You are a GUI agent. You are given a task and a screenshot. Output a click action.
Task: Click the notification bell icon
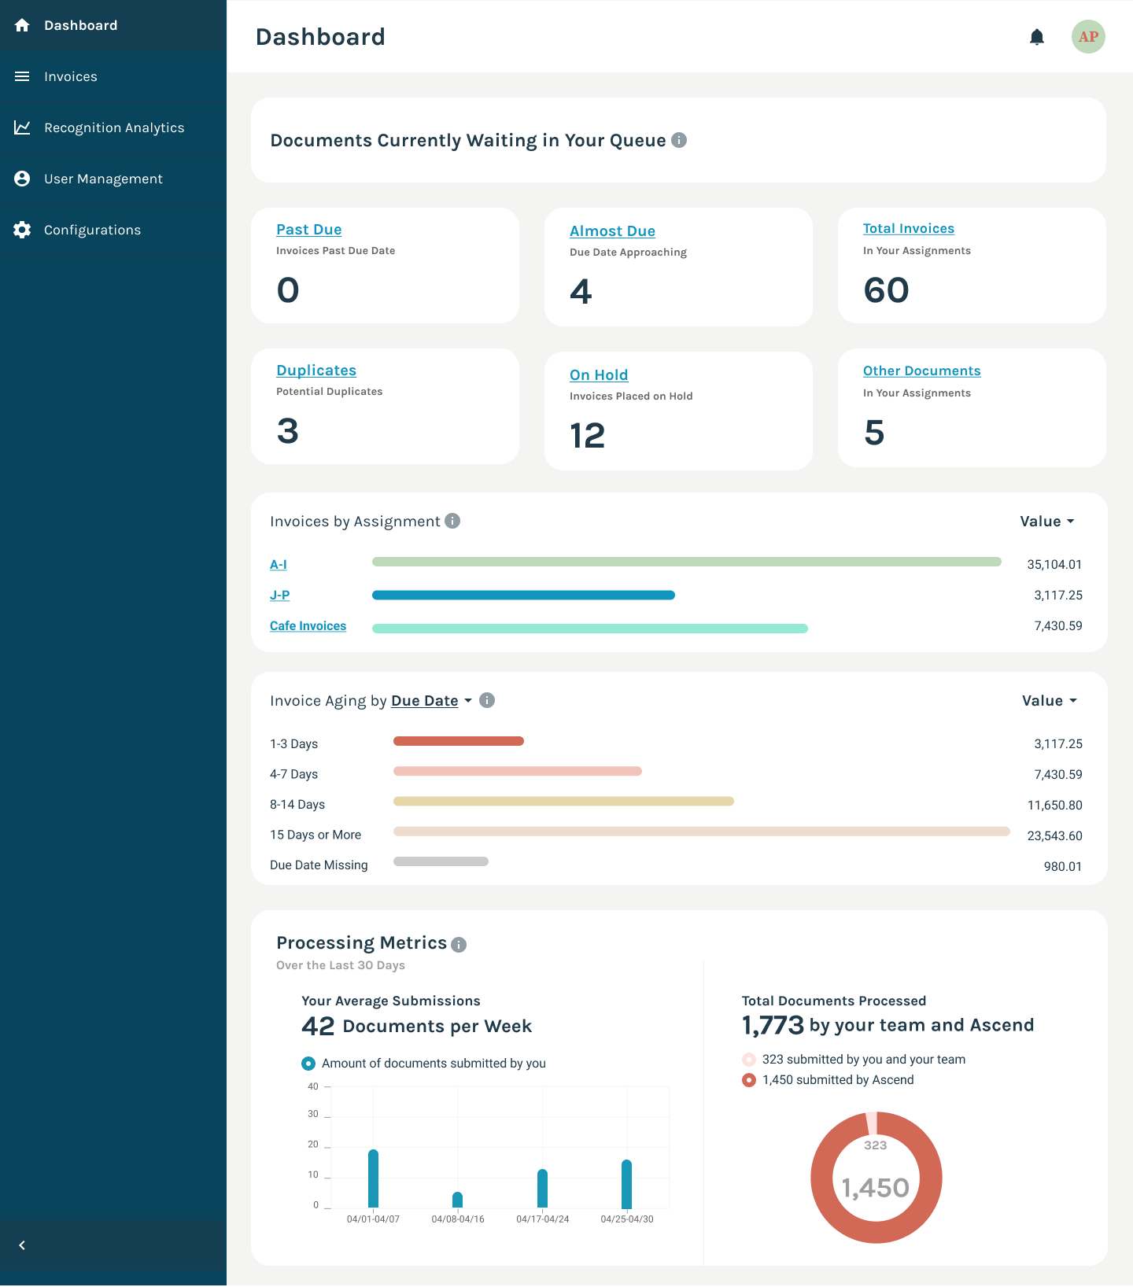pyautogui.click(x=1037, y=37)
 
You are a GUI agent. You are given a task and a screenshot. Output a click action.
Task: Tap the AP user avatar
pyautogui.click(x=1088, y=37)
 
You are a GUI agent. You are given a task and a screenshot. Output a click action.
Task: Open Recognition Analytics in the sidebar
pyautogui.click(x=114, y=127)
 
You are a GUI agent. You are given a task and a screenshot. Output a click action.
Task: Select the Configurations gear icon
pyautogui.click(x=22, y=230)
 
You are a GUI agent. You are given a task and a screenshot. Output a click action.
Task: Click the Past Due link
pyautogui.click(x=308, y=230)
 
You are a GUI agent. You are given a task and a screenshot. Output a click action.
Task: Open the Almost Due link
pyautogui.click(x=612, y=231)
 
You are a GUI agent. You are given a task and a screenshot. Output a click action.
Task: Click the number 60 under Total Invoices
pyautogui.click(x=886, y=290)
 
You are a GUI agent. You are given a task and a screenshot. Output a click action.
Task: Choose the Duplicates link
pyautogui.click(x=316, y=371)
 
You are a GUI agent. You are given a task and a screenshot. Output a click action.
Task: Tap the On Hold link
pyautogui.click(x=599, y=375)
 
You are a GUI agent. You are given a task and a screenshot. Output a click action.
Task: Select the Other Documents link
pyautogui.click(x=921, y=371)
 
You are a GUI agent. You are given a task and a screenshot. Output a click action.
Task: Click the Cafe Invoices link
pyautogui.click(x=308, y=626)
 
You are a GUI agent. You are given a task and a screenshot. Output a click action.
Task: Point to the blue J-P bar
pyautogui.click(x=523, y=596)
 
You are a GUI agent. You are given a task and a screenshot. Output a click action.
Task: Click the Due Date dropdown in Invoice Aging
pyautogui.click(x=431, y=701)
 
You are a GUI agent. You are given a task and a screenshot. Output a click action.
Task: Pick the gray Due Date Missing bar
pyautogui.click(x=441, y=861)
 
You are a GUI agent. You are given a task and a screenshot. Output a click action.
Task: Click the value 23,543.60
pyautogui.click(x=1054, y=836)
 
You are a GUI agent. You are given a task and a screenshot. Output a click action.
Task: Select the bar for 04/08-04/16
pyautogui.click(x=458, y=1200)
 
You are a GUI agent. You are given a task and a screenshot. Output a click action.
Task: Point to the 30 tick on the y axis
pyautogui.click(x=313, y=1115)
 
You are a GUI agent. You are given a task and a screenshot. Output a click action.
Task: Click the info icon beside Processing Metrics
pyautogui.click(x=459, y=945)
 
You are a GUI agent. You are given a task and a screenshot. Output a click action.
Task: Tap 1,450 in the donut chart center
pyautogui.click(x=876, y=1188)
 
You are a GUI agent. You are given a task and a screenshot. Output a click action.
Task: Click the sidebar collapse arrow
pyautogui.click(x=22, y=1245)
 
